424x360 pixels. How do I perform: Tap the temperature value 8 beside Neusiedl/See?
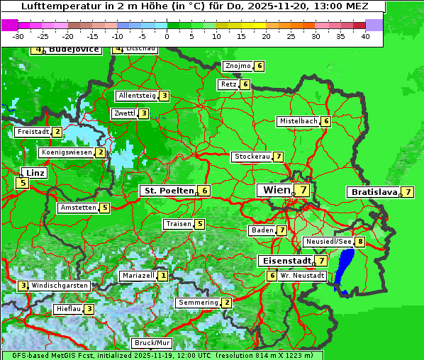coord(360,242)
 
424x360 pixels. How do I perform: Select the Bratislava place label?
coord(373,192)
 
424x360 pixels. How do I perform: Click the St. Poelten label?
coord(168,191)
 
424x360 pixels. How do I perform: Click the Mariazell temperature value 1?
coord(163,276)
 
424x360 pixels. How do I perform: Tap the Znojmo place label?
coord(237,66)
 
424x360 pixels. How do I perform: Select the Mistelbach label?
coord(299,121)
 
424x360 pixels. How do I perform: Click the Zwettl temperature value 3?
coord(143,113)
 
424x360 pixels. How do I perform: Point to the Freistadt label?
coord(33,132)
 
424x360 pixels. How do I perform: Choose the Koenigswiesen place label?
coord(67,152)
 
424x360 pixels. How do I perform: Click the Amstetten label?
coord(78,208)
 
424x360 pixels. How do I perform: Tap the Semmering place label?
coord(198,303)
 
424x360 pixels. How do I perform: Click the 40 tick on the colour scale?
coord(364,36)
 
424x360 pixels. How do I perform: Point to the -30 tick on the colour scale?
coord(18,36)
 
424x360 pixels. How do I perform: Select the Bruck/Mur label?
coord(152,343)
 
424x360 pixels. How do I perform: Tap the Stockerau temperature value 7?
coord(279,157)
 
